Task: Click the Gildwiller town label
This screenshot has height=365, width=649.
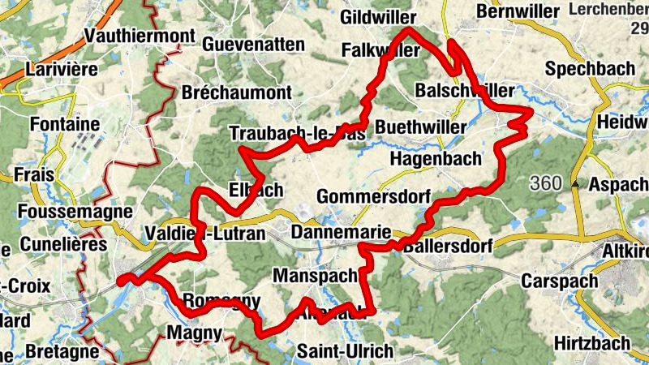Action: [378, 17]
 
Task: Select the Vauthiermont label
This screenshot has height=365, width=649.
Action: [140, 36]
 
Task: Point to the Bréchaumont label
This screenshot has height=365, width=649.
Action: [236, 92]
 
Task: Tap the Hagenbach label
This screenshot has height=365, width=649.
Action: [436, 159]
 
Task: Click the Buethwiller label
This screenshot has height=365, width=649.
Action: [421, 128]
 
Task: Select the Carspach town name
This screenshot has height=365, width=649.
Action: [560, 281]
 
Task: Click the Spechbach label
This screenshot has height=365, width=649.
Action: [590, 69]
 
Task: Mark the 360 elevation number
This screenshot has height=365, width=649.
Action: [546, 184]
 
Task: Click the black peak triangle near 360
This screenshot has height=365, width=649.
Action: [575, 184]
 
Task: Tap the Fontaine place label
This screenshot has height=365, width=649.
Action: [64, 125]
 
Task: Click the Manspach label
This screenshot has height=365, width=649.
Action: [315, 277]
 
